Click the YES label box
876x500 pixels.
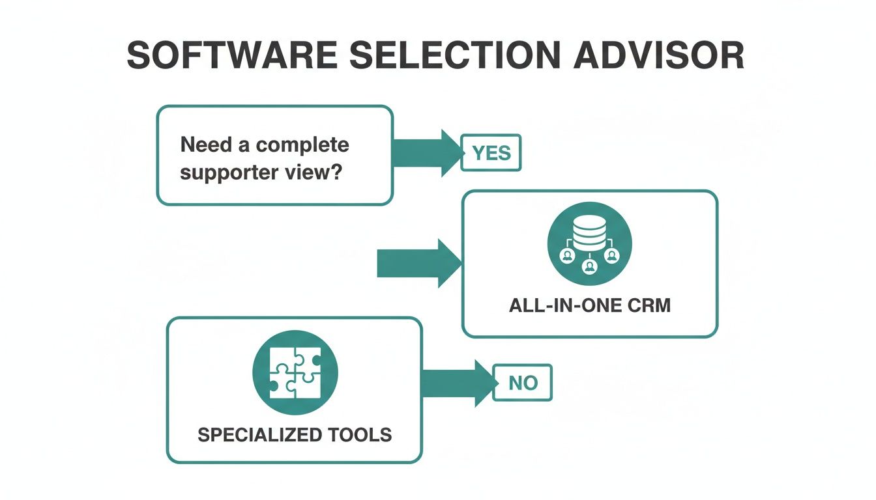point(491,153)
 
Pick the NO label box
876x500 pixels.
point(523,383)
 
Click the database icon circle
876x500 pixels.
point(589,243)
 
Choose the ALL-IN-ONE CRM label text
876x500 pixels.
point(589,305)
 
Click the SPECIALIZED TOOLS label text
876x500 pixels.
point(295,434)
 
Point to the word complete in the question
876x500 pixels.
point(302,145)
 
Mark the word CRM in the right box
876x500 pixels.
point(647,305)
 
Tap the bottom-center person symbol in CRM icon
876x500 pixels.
point(589,266)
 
